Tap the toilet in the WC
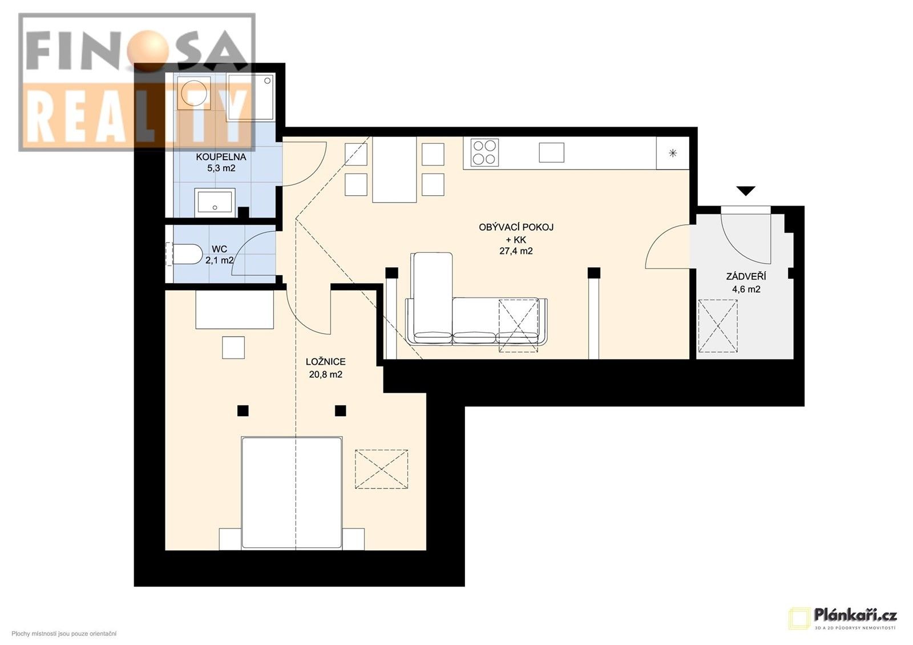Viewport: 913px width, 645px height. [184, 255]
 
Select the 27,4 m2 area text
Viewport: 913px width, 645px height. [516, 251]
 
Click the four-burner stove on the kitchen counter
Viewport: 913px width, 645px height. [484, 152]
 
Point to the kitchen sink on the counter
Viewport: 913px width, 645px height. [551, 152]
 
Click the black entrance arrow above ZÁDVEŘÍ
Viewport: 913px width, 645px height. [745, 191]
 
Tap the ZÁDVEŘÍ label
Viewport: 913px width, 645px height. [746, 277]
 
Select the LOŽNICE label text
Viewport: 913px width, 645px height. [325, 362]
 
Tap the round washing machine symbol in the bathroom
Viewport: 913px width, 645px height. [193, 93]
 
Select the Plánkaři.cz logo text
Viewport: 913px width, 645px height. [855, 615]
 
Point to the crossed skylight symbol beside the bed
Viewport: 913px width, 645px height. [382, 469]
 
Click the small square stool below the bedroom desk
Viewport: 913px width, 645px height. [233, 348]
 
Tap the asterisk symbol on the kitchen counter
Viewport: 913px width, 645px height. [673, 153]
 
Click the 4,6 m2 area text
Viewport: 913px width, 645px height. [746, 289]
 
